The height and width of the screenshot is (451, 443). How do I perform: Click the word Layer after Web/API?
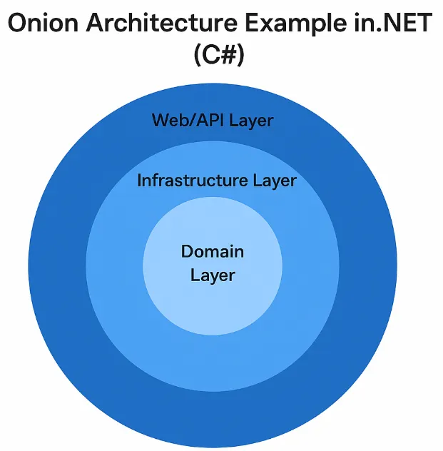click(x=250, y=120)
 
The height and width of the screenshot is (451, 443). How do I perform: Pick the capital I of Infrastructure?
click(x=140, y=181)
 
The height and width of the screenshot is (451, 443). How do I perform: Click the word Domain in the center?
click(x=213, y=251)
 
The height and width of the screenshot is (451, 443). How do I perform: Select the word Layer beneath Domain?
click(x=213, y=274)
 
